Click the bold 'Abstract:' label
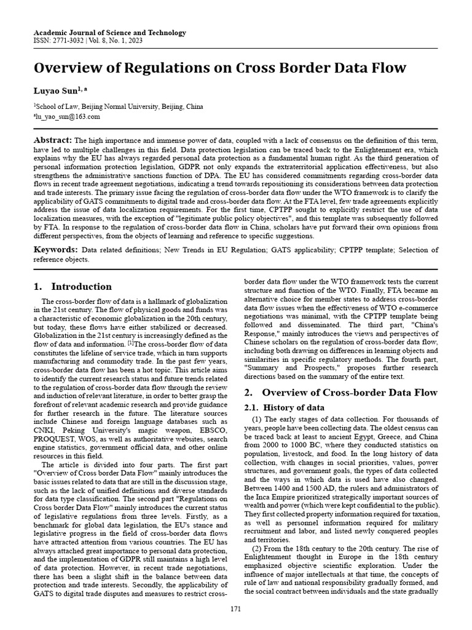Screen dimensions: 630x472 pos(53,140)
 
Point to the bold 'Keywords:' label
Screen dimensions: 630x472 pos(55,249)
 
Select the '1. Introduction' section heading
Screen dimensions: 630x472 pos(73,286)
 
